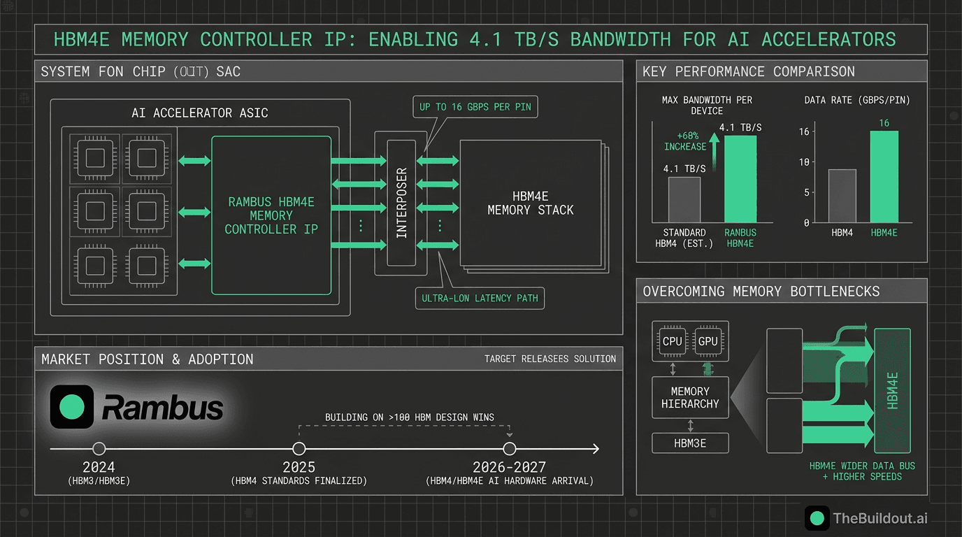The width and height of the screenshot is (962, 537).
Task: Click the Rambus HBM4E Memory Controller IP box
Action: pyautogui.click(x=271, y=215)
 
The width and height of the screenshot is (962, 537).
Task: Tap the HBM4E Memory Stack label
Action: pyautogui.click(x=530, y=203)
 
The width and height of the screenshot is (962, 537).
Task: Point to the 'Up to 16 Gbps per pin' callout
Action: pyautogui.click(x=475, y=107)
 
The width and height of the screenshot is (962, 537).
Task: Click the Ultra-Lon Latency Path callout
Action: pyautogui.click(x=480, y=298)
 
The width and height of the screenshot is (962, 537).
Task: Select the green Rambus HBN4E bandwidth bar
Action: pyautogui.click(x=740, y=179)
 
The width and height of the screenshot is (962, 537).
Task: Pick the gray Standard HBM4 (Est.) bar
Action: pyautogui.click(x=684, y=200)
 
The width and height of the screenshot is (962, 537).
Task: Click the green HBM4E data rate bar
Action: pyautogui.click(x=884, y=177)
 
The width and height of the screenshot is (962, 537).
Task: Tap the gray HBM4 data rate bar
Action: pyautogui.click(x=842, y=196)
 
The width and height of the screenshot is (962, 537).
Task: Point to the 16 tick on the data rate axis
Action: pyautogui.click(x=803, y=132)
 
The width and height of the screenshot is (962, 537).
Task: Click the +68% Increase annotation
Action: pyautogui.click(x=684, y=142)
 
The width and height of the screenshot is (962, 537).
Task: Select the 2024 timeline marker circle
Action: pyautogui.click(x=99, y=449)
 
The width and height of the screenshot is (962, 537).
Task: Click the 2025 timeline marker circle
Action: pyautogui.click(x=299, y=449)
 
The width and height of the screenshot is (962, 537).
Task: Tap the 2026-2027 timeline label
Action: pyautogui.click(x=509, y=467)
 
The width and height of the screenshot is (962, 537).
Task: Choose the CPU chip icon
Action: pyautogui.click(x=672, y=341)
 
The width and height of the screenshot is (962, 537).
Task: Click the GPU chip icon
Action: pyautogui.click(x=708, y=341)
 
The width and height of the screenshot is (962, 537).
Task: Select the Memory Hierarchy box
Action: pyautogui.click(x=690, y=397)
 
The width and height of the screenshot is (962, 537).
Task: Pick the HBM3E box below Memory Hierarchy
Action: pyautogui.click(x=690, y=443)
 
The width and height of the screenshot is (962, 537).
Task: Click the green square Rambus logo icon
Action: pyautogui.click(x=72, y=407)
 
